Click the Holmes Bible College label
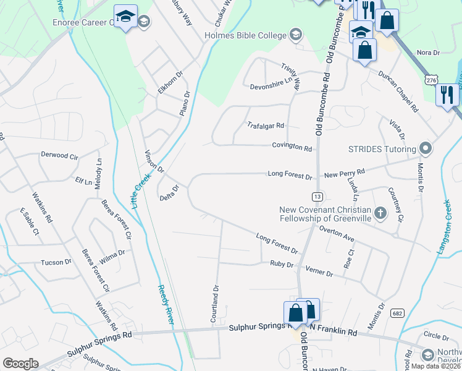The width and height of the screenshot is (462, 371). pyautogui.click(x=245, y=34)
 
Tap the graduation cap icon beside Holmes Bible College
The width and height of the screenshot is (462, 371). pyautogui.click(x=296, y=34)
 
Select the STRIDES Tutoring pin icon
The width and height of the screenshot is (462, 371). pyautogui.click(x=425, y=148)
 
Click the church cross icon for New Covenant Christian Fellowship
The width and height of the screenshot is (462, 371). pyautogui.click(x=380, y=213)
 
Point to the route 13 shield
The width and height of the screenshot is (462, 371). pyautogui.click(x=317, y=196)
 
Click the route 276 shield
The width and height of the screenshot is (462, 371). pyautogui.click(x=432, y=80)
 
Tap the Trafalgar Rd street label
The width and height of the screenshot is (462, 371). pyautogui.click(x=265, y=125)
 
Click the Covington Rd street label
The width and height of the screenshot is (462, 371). pyautogui.click(x=292, y=147)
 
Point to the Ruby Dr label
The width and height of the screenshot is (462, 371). pyautogui.click(x=281, y=264)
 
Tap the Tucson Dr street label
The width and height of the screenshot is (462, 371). pyautogui.click(x=56, y=262)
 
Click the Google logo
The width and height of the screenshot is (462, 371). pyautogui.click(x=20, y=364)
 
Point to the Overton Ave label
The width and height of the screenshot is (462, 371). pyautogui.click(x=337, y=233)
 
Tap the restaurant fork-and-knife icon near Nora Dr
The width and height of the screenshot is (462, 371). pyautogui.click(x=446, y=95)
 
